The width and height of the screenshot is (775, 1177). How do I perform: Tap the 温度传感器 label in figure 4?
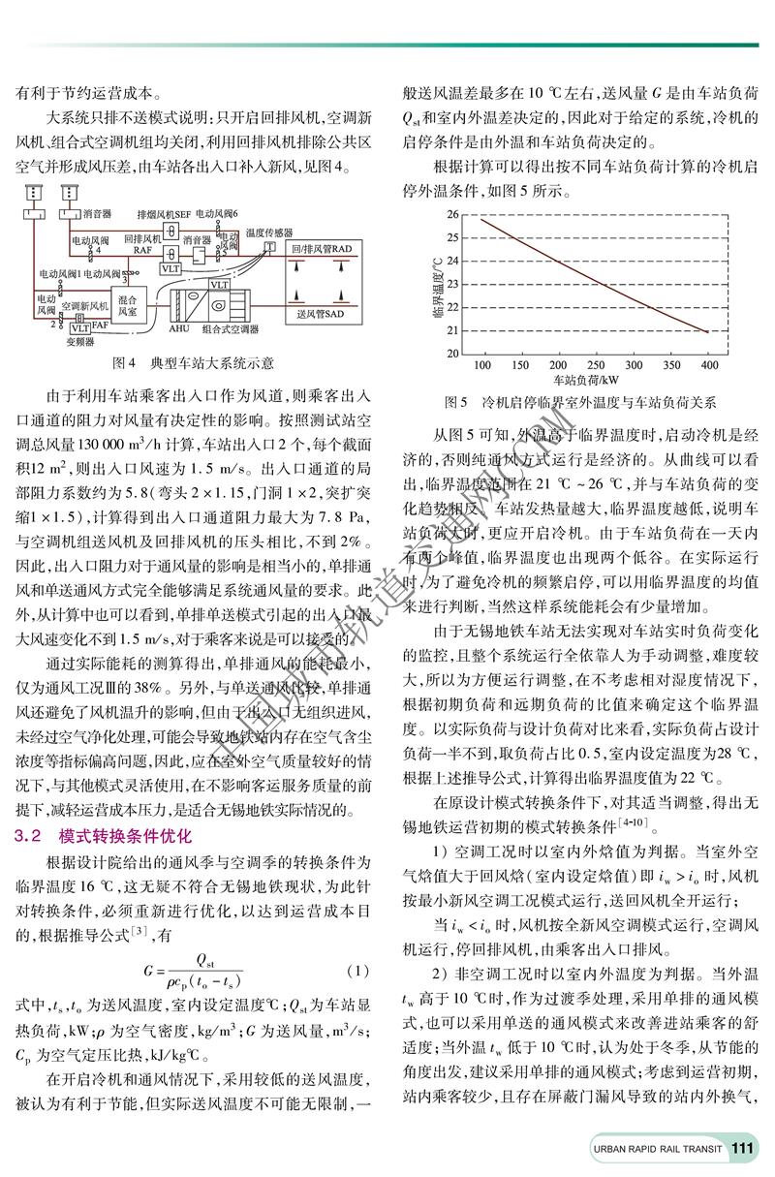pyautogui.click(x=268, y=232)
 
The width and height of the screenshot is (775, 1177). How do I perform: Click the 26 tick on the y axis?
pyautogui.click(x=453, y=212)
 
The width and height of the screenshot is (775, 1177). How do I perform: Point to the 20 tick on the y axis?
pyautogui.click(x=453, y=353)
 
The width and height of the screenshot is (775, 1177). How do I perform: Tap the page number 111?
pyautogui.click(x=744, y=1148)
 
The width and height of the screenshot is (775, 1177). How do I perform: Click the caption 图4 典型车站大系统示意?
pyautogui.click(x=192, y=362)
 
